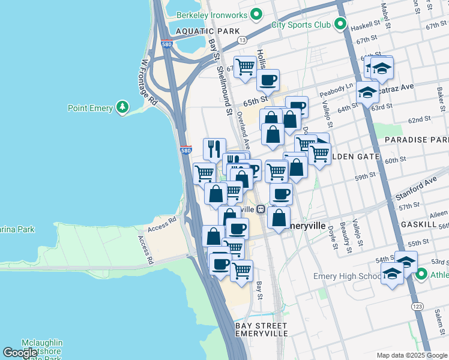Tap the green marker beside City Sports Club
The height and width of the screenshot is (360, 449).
(340, 25)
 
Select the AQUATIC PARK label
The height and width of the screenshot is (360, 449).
(199, 31)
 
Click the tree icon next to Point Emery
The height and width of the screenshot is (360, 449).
(122, 107)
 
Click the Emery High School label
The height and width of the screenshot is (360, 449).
(347, 277)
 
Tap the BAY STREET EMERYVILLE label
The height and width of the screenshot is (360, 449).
(261, 329)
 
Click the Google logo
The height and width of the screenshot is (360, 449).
(20, 353)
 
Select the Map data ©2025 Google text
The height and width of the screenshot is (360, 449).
(411, 355)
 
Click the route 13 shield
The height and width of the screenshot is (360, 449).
(242, 40)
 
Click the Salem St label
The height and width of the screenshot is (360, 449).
(439, 320)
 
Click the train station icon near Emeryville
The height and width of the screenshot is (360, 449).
(261, 209)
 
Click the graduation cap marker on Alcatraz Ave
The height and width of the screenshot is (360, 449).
(367, 92)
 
